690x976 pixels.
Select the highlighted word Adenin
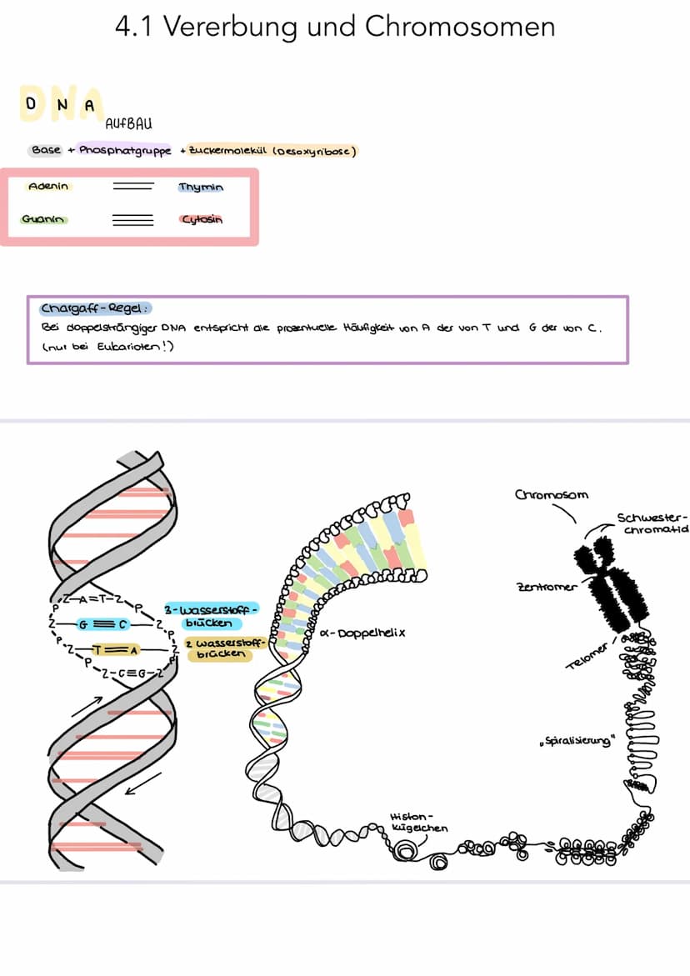[48, 187]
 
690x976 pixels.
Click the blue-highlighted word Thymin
[201, 188]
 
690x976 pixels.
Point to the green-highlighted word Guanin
[45, 220]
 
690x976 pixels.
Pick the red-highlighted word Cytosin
[202, 220]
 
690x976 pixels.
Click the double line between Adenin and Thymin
[132, 187]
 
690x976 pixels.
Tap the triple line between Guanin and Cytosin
[132, 220]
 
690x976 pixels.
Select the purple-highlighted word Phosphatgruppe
[126, 151]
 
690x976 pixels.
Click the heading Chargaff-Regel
[91, 308]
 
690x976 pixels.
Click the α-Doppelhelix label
[362, 633]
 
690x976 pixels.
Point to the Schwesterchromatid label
[652, 523]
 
